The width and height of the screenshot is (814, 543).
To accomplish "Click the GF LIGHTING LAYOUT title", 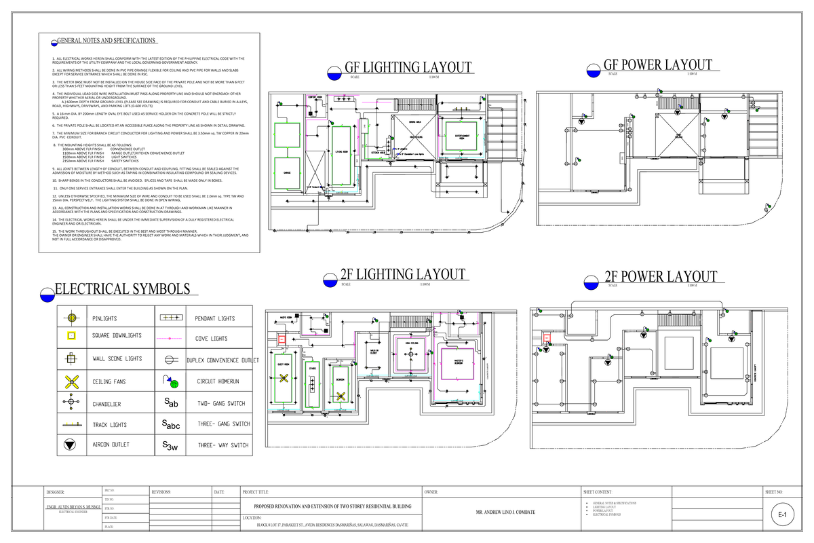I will pos(407,68).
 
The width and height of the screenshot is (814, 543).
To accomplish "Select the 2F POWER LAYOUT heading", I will pos(660,277).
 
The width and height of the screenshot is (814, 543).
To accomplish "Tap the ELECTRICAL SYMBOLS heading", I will pos(122,290).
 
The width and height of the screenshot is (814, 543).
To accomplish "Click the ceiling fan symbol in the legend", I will pos(71,382).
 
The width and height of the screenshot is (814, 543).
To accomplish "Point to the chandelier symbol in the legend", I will pos(71,403).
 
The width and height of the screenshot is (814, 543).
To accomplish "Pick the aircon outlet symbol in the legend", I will pos(71,445).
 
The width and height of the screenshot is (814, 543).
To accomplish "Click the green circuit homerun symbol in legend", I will pos(172,383).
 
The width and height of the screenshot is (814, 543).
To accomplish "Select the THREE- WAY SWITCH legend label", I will pos(223,446).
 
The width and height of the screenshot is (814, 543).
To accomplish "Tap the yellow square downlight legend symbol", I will pos(71,336).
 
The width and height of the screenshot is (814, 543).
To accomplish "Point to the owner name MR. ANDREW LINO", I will pos(505,512).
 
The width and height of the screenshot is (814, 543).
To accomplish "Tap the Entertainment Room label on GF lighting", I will pos(463,137).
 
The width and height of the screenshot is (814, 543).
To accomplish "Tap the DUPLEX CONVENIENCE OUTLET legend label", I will pos(223,360).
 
